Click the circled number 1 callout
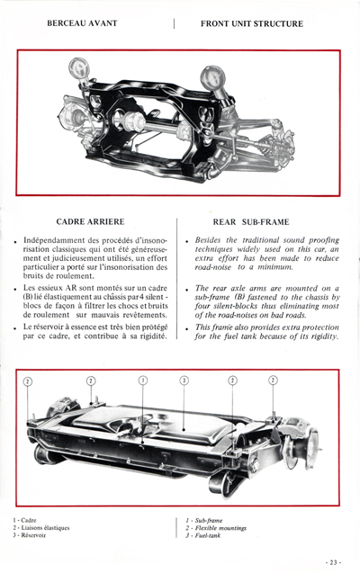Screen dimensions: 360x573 tap(143, 381)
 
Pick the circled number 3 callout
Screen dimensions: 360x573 tap(184, 381)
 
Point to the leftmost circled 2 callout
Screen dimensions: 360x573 tap(28, 381)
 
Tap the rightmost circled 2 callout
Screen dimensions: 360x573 tap(273, 381)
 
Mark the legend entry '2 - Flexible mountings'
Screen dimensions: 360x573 tap(217, 526)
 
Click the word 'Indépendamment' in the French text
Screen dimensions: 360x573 tap(57, 241)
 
